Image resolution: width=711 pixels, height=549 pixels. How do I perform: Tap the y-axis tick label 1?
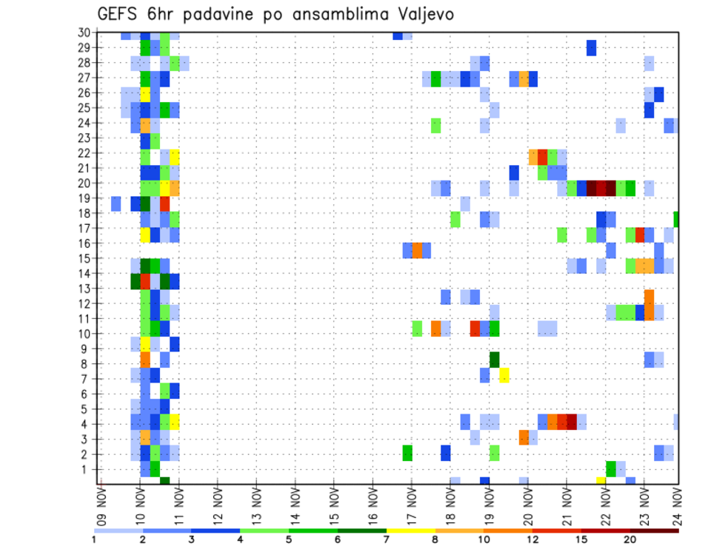pos(86,469)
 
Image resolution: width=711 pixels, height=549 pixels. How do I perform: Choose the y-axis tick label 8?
pos(86,364)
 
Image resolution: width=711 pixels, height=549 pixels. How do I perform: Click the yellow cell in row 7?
pos(504,376)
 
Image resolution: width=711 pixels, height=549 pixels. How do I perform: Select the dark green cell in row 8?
pos(494,360)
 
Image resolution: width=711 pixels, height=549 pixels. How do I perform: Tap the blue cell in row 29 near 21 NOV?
pos(591,47)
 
